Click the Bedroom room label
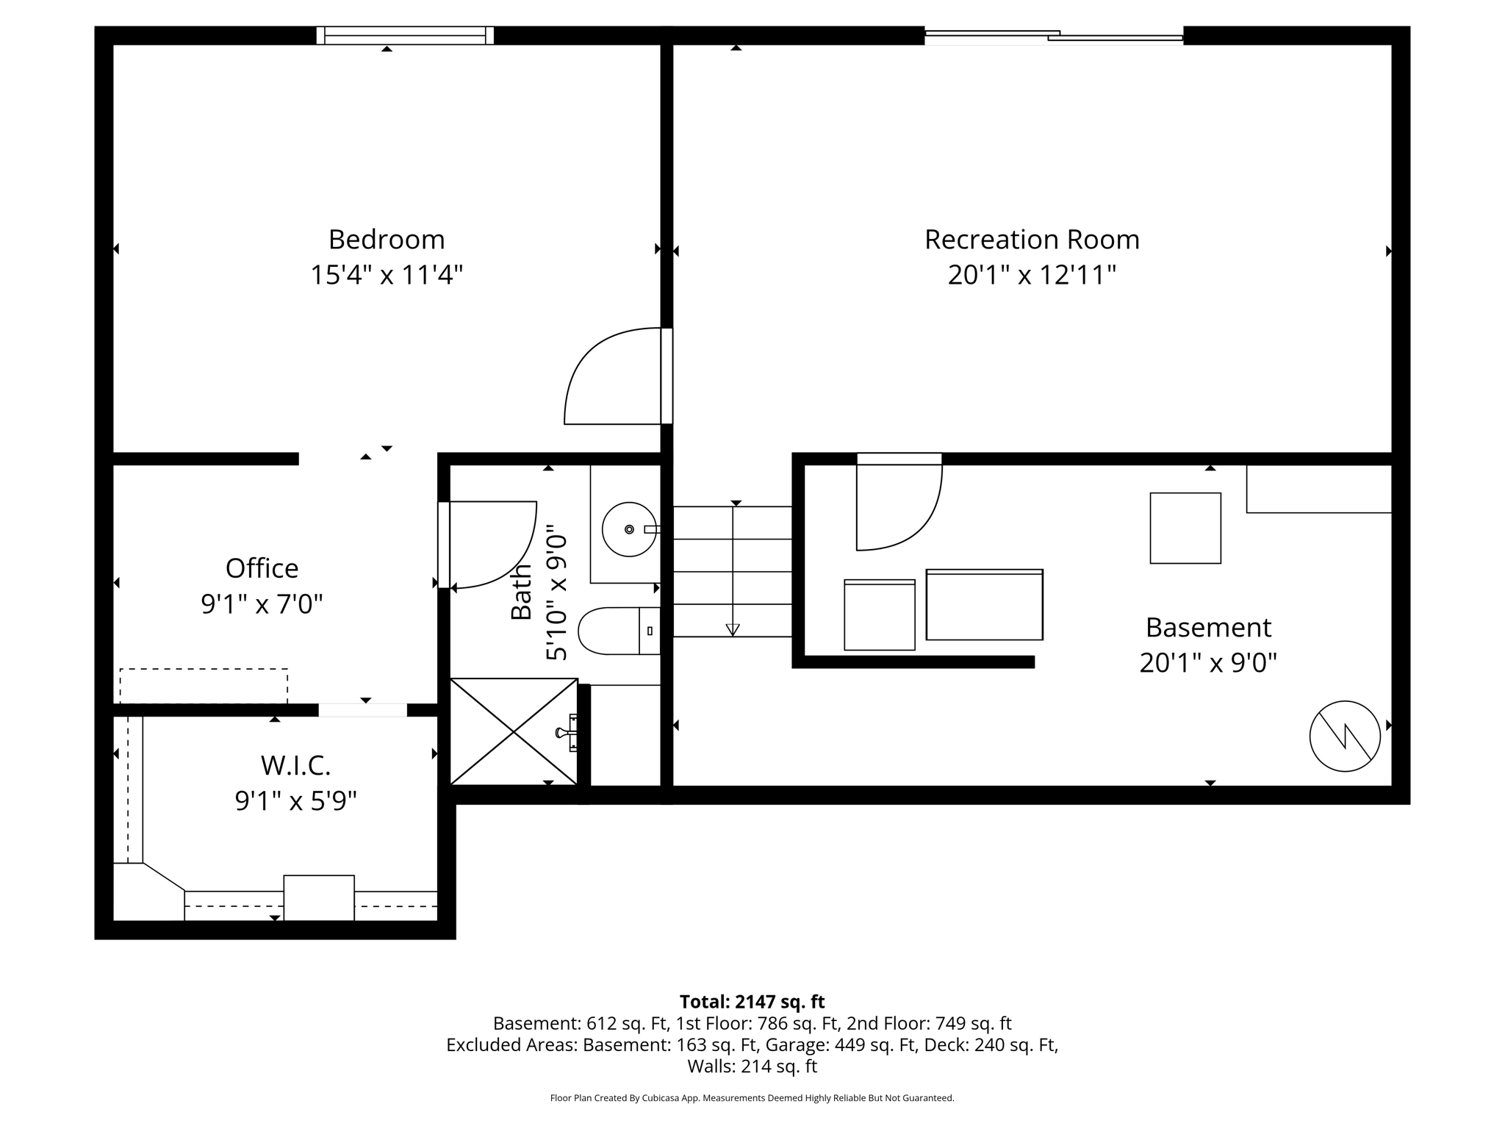[387, 240]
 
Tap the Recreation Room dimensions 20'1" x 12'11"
[1032, 276]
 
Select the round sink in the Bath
[629, 529]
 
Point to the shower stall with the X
[514, 731]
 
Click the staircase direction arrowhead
[733, 629]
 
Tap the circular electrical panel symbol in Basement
[1345, 736]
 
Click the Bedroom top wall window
[405, 35]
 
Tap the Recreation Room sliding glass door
[1053, 35]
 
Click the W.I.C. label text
[295, 766]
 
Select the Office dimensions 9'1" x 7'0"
[262, 604]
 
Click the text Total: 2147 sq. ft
[752, 1002]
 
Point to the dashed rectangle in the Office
[204, 685]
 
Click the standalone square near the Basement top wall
[1185, 528]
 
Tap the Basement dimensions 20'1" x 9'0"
[1207, 663]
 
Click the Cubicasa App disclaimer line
[752, 1098]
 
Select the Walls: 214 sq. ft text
[752, 1066]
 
